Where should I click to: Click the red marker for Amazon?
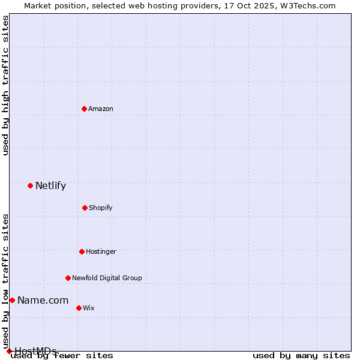(84, 109)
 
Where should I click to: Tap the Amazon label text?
(101, 109)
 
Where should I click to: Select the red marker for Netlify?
(30, 185)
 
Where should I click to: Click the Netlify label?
(50, 186)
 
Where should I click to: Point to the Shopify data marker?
(85, 208)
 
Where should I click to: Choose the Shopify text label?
(101, 208)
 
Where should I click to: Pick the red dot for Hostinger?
(82, 251)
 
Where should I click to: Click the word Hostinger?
(101, 252)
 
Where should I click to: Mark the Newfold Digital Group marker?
(68, 278)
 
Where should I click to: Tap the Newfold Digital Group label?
(107, 278)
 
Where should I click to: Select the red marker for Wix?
(79, 308)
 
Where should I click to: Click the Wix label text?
(89, 308)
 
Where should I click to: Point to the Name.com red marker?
(12, 300)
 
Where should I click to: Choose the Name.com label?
(43, 301)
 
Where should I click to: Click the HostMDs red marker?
(9, 351)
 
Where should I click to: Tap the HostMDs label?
(35, 351)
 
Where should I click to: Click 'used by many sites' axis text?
(301, 356)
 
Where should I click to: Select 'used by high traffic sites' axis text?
(6, 85)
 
